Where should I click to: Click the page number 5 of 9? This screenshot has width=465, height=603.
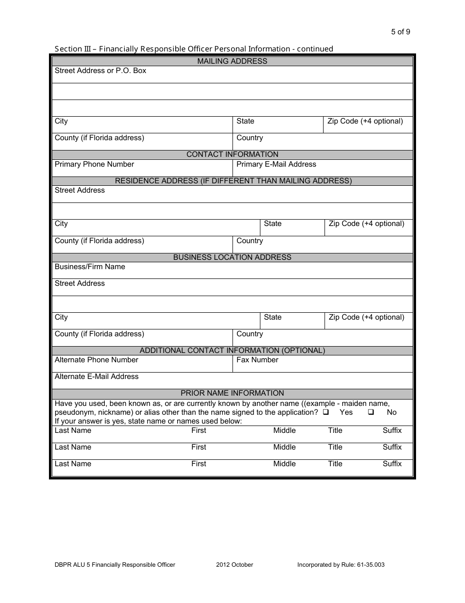(x=400, y=32)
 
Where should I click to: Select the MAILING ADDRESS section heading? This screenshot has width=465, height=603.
(x=232, y=61)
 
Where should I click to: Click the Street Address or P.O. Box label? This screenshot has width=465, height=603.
(x=100, y=71)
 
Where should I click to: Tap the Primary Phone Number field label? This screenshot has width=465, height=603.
(x=94, y=164)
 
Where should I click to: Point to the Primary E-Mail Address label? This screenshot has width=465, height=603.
(x=276, y=164)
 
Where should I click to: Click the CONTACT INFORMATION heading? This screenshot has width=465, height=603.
(x=232, y=154)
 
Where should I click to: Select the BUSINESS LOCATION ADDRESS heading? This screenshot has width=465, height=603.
(x=232, y=257)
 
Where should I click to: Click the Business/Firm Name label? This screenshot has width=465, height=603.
(x=90, y=267)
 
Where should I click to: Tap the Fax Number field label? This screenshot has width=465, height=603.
(x=257, y=360)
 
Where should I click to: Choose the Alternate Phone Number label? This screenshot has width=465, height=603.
(x=96, y=360)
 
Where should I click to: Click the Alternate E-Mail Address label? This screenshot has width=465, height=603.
(x=96, y=377)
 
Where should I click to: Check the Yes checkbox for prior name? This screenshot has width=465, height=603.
(x=326, y=412)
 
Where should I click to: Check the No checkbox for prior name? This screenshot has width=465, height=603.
(x=371, y=412)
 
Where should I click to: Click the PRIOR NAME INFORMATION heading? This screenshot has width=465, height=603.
(x=232, y=393)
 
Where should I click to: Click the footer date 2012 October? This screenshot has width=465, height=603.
(x=234, y=565)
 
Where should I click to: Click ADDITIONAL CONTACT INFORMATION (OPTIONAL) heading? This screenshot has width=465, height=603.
(x=232, y=351)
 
